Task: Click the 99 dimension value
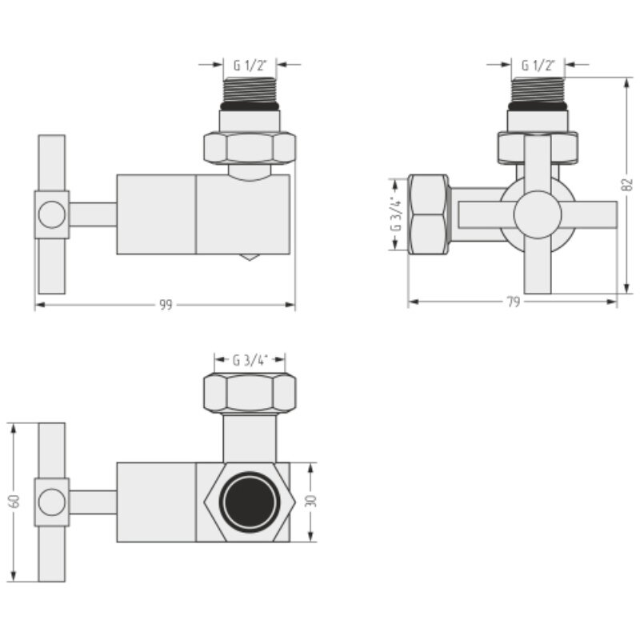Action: pos(166,305)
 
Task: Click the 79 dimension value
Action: pos(513,302)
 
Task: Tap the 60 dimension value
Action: pos(14,502)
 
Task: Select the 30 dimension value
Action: pos(311,501)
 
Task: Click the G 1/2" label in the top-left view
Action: pos(250,66)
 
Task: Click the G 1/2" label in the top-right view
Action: pos(538,66)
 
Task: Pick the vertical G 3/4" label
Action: pos(396,214)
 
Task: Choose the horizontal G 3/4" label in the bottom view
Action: pos(250,361)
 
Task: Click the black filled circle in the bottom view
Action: pos(250,502)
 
